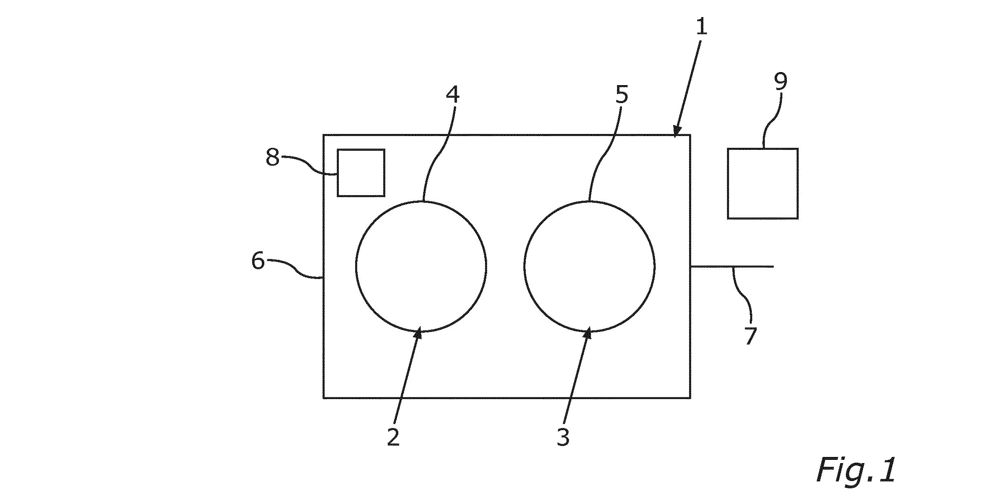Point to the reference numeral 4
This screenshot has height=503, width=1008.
coord(452,94)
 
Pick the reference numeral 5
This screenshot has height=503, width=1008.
coord(621,94)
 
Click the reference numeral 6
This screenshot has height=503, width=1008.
coord(258,260)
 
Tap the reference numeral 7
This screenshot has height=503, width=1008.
coord(751,336)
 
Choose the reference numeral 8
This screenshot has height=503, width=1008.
coord(272,157)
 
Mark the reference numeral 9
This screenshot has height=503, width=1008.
coord(781,81)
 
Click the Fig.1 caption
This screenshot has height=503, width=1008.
coord(856,470)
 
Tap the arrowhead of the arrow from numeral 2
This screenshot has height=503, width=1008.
coord(418,333)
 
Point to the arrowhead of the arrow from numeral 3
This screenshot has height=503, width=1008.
coord(587,333)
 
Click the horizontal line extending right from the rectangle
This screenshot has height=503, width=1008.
coord(732,267)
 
